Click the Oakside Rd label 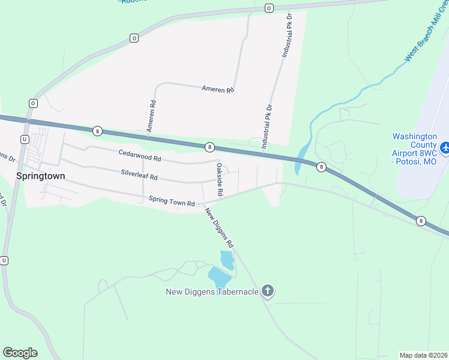pos(220,180)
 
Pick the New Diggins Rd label pos(218,228)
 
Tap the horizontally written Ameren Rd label pos(217,89)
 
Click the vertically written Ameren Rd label pos(151,116)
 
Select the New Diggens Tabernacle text pos(212,292)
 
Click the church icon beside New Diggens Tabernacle pos(268,292)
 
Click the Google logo pos(20,353)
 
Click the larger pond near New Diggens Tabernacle pos(219,277)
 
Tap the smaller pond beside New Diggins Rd pos(227,260)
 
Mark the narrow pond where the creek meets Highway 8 pos(301,158)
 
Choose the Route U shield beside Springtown pos(24,139)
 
